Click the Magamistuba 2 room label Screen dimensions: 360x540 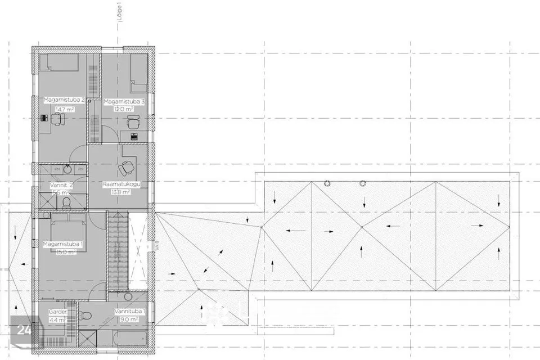[x=64, y=100]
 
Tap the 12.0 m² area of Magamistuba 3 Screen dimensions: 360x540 [x=124, y=109]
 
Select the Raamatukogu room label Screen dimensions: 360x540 [x=121, y=184]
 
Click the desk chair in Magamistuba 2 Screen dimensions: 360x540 [x=58, y=119]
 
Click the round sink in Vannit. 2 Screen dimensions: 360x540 [x=67, y=168]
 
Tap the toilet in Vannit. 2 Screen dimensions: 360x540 [x=66, y=201]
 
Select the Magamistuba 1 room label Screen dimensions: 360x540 [x=63, y=244]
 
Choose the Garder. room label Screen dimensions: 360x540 [x=58, y=312]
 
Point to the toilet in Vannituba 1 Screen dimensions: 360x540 [x=83, y=315]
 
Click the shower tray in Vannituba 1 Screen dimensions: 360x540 [x=88, y=339]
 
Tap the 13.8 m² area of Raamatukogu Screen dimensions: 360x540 [x=121, y=192]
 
